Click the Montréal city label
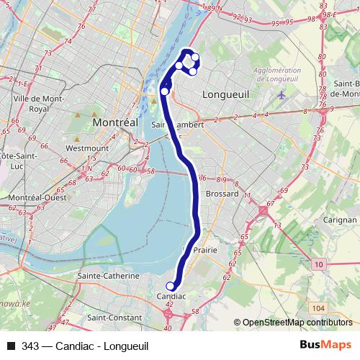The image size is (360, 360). click(115, 123)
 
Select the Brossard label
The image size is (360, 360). click(221, 194)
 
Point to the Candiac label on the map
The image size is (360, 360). click(171, 297)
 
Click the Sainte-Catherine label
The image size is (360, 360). click(108, 276)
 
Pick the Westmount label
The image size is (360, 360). click(86, 148)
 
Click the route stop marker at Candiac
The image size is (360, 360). click(171, 286)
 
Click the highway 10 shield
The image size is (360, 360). click(318, 266)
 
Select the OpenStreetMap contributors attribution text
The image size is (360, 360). click(297, 323)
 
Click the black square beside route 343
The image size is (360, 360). click(12, 346)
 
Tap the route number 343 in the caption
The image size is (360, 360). click(30, 346)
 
